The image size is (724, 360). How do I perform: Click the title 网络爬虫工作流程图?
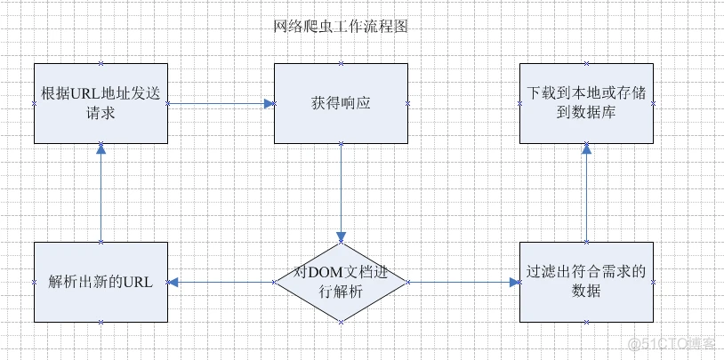(x=341, y=27)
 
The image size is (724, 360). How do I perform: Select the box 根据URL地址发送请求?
(x=101, y=103)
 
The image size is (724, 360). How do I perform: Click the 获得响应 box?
(x=341, y=103)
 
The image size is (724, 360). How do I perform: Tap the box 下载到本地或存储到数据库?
(x=586, y=103)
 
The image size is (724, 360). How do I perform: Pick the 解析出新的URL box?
(x=101, y=282)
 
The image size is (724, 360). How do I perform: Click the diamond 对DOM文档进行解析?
(x=341, y=282)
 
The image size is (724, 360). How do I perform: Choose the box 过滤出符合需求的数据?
(x=586, y=282)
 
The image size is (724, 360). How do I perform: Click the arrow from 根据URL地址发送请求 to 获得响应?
(x=221, y=103)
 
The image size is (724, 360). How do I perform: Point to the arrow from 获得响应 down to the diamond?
(x=341, y=191)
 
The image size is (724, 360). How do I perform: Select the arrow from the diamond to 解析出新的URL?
(x=221, y=282)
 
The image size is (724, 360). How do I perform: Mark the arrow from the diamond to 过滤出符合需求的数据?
(x=463, y=282)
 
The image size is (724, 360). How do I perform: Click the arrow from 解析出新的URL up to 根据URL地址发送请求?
(x=101, y=192)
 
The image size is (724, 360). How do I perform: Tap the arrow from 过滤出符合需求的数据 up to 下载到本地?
(x=586, y=192)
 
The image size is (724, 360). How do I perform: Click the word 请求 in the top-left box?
(x=101, y=114)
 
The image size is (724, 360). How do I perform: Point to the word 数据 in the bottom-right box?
(x=586, y=292)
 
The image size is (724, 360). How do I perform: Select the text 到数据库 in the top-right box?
(x=586, y=114)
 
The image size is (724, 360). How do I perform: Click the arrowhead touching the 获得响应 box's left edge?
(x=268, y=103)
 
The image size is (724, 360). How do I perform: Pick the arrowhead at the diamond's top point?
(x=341, y=236)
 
